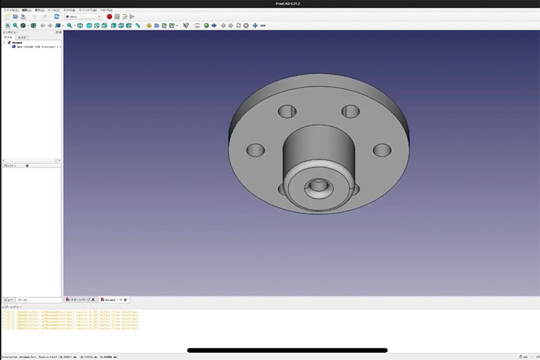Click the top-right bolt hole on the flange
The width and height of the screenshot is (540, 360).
[350, 111]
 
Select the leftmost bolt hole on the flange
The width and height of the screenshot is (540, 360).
[255, 150]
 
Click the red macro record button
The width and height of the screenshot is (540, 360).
[109, 16]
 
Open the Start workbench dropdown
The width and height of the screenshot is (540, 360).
[82, 16]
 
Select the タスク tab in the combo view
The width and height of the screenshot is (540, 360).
[22, 37]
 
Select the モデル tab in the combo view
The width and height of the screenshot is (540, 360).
[9, 37]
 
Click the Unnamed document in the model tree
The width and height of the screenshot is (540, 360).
[17, 42]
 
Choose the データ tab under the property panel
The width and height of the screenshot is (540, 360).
[22, 299]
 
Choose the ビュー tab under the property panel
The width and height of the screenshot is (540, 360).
[9, 299]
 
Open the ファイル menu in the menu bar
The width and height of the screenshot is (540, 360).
[10, 10]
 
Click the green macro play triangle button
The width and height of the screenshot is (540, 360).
[132, 16]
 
